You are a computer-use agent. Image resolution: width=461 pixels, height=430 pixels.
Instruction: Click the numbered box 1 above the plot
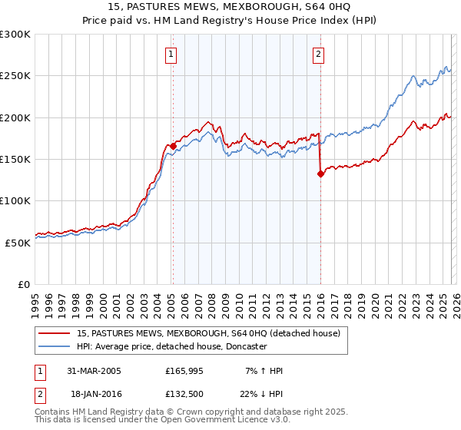tap(170, 54)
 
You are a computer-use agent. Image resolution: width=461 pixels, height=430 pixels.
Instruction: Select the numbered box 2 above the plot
tap(318, 54)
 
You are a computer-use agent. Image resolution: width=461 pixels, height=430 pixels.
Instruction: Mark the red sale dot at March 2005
tap(174, 146)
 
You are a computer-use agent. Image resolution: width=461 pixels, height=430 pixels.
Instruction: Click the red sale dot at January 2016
tap(320, 174)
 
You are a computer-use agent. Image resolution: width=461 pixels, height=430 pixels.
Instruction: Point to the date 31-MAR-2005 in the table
tap(94, 371)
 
